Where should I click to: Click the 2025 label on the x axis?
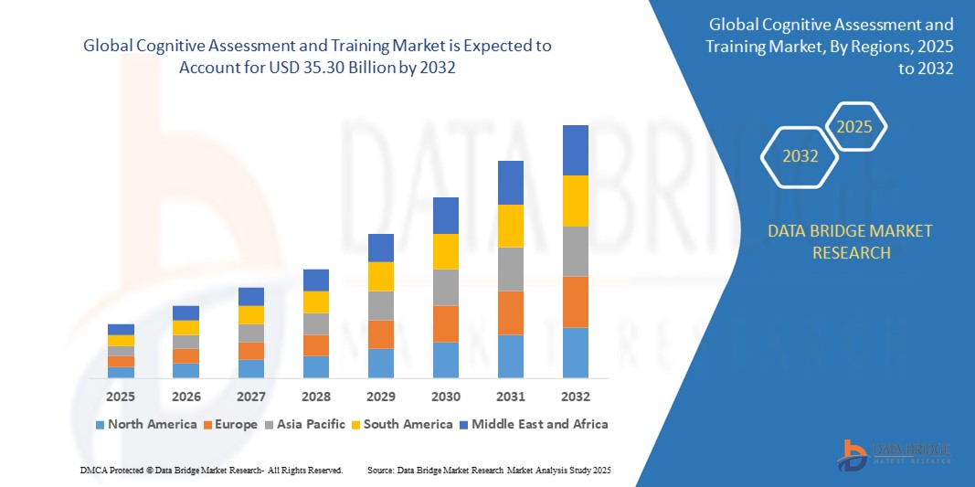point(121,397)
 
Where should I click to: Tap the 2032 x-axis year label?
point(575,397)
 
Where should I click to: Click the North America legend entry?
point(145,424)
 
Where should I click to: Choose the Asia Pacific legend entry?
point(305,424)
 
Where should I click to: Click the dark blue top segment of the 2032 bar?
point(575,150)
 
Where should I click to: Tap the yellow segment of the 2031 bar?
point(510,226)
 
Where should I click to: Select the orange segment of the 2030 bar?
point(445,323)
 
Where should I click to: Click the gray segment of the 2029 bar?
point(380,305)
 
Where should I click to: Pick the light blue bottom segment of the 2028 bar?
point(315,366)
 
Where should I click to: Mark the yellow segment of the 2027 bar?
point(250,314)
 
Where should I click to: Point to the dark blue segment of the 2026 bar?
point(185,312)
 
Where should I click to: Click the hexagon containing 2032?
point(800,156)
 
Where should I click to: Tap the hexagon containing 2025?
point(855,127)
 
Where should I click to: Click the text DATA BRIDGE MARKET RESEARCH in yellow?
point(851,241)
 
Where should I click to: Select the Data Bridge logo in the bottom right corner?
point(894,454)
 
